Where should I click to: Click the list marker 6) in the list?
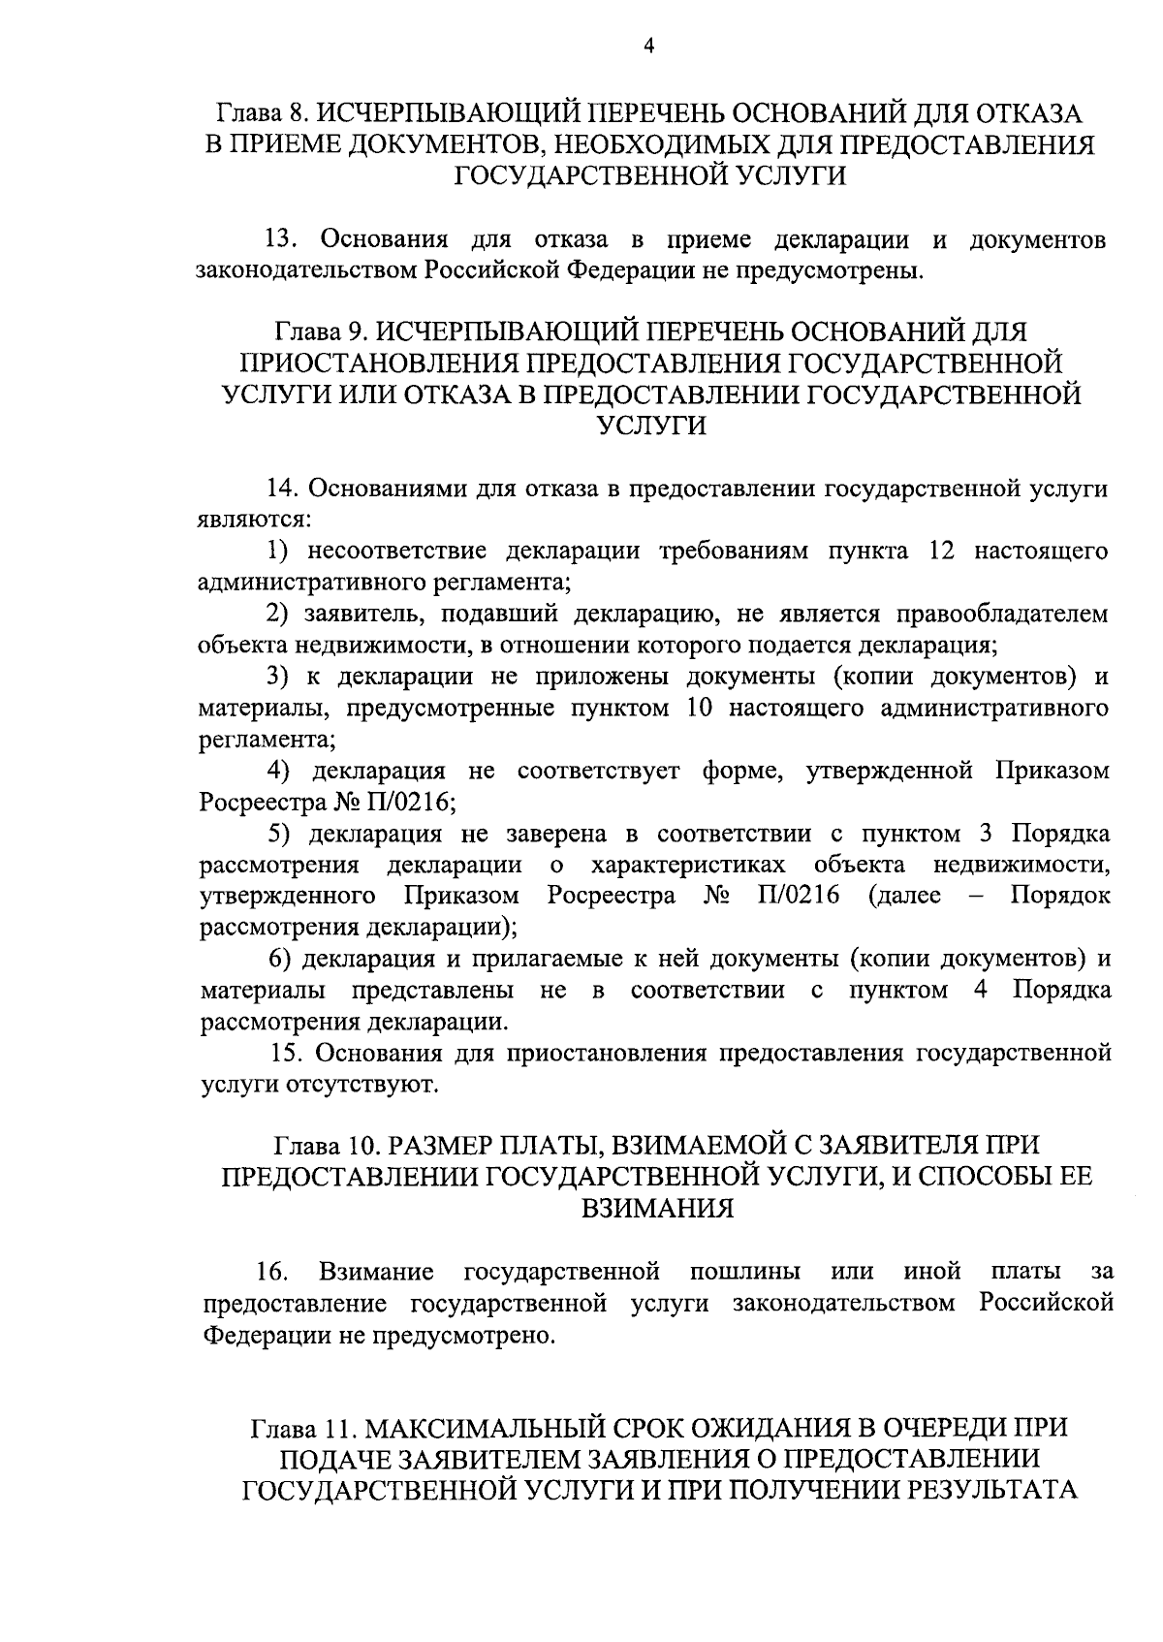tap(280, 959)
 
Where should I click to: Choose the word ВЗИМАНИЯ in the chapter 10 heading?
tap(656, 1208)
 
